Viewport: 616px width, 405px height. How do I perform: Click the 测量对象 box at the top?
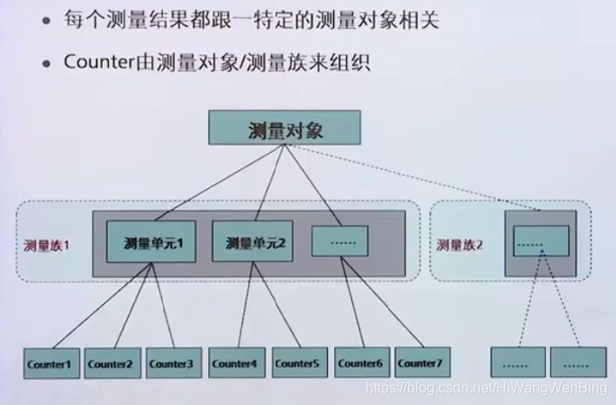click(x=285, y=129)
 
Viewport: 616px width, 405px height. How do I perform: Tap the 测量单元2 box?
click(x=255, y=241)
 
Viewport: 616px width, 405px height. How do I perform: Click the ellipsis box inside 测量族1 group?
click(x=340, y=241)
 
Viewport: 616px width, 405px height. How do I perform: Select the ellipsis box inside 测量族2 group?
click(x=541, y=241)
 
